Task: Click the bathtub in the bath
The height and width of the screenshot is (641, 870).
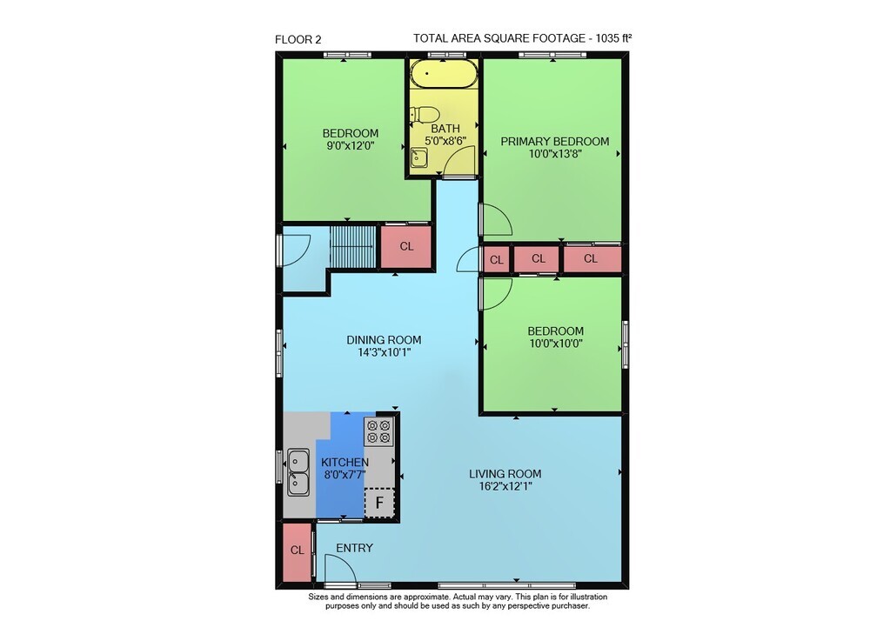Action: pos(444,74)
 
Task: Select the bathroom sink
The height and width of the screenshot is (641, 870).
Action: pos(419,158)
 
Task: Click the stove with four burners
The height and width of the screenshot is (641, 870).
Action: pos(379,432)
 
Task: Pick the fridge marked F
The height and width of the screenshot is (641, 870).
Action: pos(379,503)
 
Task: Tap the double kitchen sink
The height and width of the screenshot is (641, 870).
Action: pos(298,472)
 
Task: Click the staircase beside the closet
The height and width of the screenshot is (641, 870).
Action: pos(353,247)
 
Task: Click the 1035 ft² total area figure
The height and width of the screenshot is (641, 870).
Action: pos(613,38)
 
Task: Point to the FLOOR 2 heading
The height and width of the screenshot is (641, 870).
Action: pos(298,39)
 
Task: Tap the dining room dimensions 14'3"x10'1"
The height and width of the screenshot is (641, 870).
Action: pos(384,352)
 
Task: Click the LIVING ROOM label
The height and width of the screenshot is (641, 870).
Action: pos(505,474)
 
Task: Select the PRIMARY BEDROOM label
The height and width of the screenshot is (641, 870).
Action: pos(555,142)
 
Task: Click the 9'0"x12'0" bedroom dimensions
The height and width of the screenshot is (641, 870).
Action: pos(351,146)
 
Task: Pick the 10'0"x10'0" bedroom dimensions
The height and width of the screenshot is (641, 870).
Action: pos(555,344)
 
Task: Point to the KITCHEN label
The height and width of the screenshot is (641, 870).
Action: pos(345,463)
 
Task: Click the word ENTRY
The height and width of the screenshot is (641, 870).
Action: pos(355,548)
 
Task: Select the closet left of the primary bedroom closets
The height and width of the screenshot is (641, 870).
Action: pos(496,259)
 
